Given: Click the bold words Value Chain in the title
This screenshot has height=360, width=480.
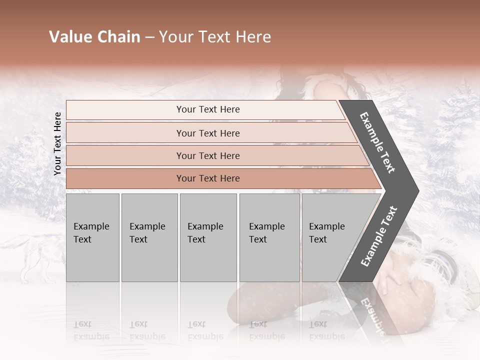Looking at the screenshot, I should click(x=94, y=37).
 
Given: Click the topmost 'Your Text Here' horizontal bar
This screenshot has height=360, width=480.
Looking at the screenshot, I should click(x=207, y=109).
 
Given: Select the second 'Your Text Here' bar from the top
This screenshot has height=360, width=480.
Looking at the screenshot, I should click(x=207, y=133).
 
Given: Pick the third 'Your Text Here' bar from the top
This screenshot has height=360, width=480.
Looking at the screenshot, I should click(x=207, y=155).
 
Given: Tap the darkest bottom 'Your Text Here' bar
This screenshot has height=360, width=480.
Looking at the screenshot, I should click(x=207, y=178).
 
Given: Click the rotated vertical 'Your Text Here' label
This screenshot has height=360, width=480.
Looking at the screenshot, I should click(x=57, y=143).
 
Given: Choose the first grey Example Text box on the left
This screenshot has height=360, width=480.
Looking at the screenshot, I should click(x=92, y=237).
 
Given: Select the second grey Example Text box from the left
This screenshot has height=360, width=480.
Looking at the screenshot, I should click(x=149, y=237).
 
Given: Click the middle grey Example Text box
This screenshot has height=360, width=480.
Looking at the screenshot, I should click(x=208, y=237).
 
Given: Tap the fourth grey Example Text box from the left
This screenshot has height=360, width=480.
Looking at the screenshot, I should click(x=269, y=237).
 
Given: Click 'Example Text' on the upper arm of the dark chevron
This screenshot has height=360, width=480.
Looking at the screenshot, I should click(x=377, y=142).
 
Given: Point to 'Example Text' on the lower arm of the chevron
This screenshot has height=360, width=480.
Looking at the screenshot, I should click(x=379, y=236).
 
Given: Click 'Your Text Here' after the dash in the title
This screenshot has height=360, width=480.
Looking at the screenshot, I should click(x=215, y=37).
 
